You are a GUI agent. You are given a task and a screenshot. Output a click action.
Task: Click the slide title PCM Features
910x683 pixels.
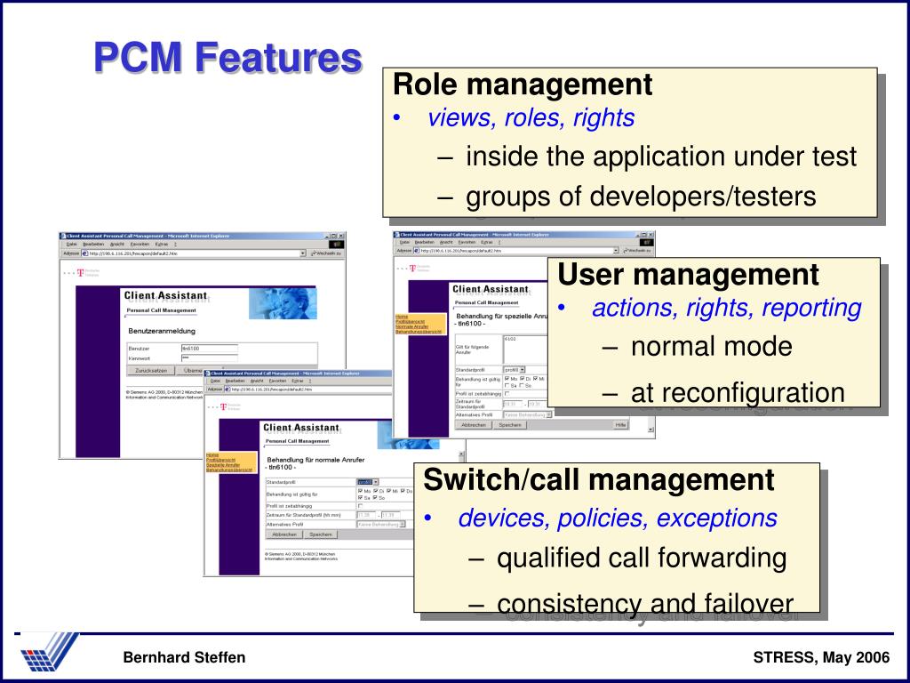click(228, 60)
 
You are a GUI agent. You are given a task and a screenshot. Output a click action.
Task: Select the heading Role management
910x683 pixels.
click(523, 85)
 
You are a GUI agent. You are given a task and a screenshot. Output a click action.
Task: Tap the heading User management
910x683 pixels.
click(688, 275)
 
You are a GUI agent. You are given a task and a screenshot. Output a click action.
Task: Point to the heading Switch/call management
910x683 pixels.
click(599, 480)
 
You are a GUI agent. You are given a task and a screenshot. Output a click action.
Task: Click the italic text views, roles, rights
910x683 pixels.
click(531, 117)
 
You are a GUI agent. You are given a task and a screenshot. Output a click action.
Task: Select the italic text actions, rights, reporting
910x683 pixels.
click(727, 309)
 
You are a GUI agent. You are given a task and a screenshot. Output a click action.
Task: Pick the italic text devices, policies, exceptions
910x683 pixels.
click(618, 518)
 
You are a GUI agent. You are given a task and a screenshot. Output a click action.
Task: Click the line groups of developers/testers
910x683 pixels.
click(641, 196)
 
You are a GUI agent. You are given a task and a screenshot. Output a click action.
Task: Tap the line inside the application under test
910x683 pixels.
click(661, 157)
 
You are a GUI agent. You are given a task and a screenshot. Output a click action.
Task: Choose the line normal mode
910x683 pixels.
click(711, 346)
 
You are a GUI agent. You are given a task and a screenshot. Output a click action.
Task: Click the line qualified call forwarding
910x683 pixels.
click(642, 558)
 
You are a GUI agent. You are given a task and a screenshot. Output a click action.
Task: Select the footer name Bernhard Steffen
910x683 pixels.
click(184, 657)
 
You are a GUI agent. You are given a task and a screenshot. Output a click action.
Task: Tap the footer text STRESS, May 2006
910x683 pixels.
click(821, 657)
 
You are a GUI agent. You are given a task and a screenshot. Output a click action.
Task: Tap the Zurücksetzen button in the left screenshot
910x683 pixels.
click(153, 370)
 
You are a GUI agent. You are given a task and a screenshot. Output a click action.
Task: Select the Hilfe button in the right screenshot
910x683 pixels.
click(620, 425)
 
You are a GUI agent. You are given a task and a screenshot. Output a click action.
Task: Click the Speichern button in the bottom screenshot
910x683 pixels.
click(320, 534)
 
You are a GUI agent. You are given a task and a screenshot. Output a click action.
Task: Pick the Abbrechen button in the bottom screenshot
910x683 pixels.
click(284, 534)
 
